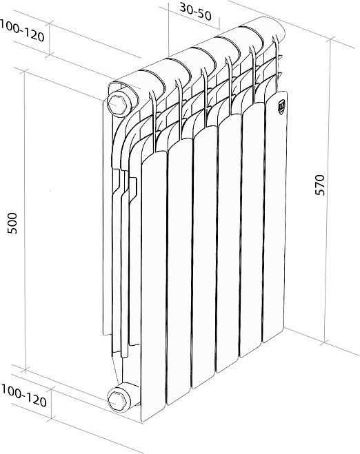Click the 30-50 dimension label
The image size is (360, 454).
pos(195,12)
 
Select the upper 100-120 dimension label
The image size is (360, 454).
pos(22,31)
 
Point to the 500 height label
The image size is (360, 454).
pos(12,223)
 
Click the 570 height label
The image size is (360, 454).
pos(320,185)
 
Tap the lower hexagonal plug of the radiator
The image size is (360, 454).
pos(118,400)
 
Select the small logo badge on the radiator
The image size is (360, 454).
pos(281,104)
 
